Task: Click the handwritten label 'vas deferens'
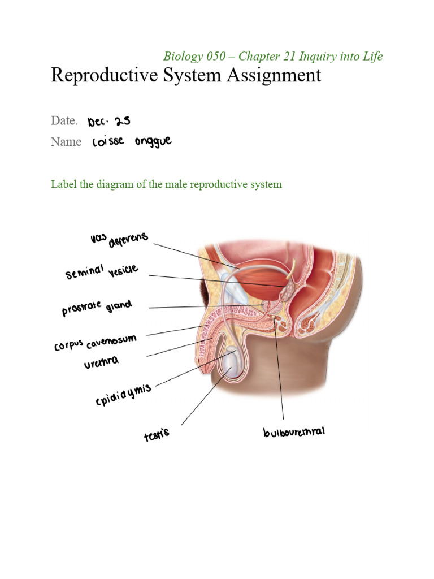(x=119, y=240)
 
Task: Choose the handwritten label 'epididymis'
(x=123, y=394)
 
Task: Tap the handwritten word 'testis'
(x=156, y=434)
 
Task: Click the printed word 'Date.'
(x=64, y=120)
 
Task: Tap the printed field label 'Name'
(x=66, y=142)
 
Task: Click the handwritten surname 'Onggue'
(x=153, y=142)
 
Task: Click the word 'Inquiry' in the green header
(x=325, y=56)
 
